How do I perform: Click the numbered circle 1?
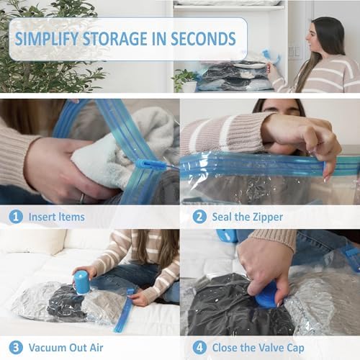coord(15,216)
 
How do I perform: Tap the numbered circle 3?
coord(15,348)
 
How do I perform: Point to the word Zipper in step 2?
coord(266,216)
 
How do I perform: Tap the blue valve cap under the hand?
coord(266,295)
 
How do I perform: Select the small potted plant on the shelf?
coord(184,78)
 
